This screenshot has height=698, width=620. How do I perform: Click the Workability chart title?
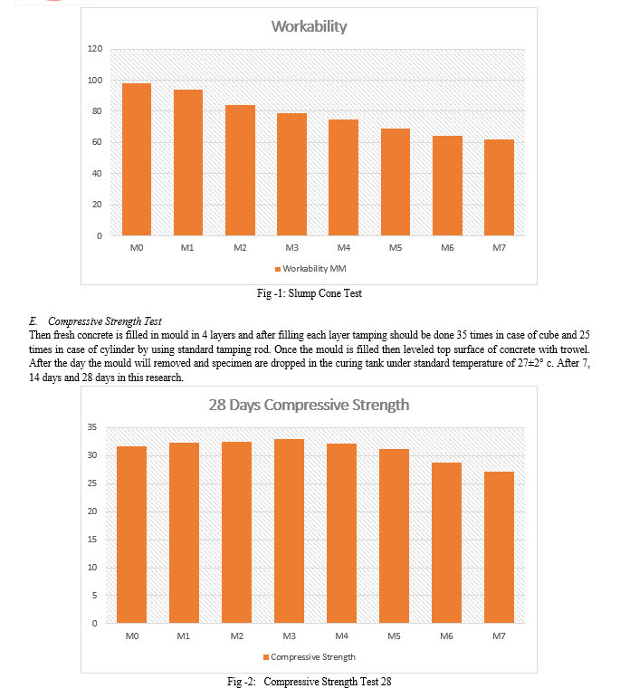(309, 27)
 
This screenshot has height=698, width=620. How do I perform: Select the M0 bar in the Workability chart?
(137, 159)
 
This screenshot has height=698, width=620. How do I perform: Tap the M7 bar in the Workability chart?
(499, 187)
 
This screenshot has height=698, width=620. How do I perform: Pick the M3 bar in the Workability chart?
(292, 175)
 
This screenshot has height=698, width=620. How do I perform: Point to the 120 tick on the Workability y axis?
(95, 49)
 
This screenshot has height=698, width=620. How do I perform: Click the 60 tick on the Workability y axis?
(97, 142)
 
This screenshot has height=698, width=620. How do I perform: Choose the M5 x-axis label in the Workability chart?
(396, 247)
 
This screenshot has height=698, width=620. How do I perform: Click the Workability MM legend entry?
(310, 269)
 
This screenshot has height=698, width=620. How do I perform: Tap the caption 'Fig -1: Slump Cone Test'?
(310, 293)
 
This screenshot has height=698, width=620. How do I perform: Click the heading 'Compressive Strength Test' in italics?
(105, 321)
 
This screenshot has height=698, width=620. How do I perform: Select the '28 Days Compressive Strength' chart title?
(309, 405)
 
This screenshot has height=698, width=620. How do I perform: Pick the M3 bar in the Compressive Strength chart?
(290, 531)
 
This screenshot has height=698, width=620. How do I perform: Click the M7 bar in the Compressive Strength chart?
(499, 547)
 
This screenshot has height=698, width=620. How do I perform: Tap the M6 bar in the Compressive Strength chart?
(446, 542)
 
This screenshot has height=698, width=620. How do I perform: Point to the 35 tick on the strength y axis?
(92, 427)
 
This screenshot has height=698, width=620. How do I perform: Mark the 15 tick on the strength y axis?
(92, 539)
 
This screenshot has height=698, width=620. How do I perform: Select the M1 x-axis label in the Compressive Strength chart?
(184, 636)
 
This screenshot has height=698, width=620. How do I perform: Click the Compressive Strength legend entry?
(310, 657)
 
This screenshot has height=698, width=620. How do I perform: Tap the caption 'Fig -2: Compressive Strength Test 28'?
(310, 682)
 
